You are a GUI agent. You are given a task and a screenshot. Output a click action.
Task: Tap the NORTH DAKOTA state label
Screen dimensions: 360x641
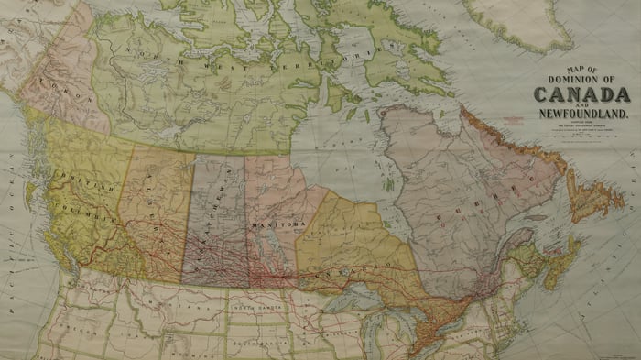pos(257,310)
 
